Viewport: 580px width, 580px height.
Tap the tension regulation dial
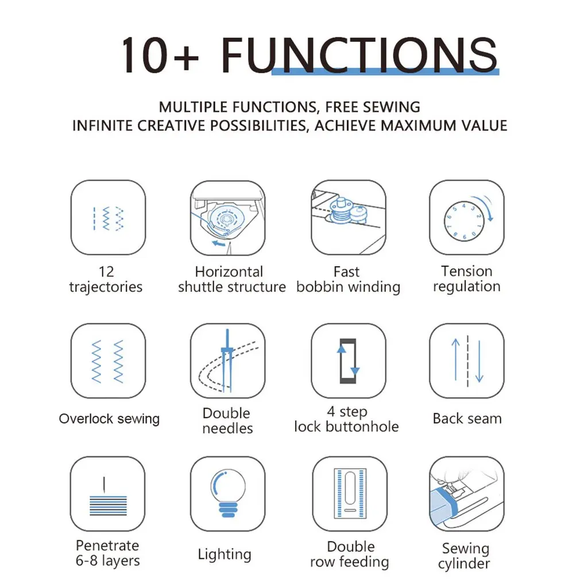click(464, 221)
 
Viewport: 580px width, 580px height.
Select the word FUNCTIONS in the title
click(359, 56)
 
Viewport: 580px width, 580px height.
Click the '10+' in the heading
click(160, 56)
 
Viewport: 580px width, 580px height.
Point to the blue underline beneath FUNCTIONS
click(385, 72)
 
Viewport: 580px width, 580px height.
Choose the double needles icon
click(227, 361)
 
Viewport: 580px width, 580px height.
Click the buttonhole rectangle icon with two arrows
click(348, 361)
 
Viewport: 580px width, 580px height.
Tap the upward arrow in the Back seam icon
click(455, 359)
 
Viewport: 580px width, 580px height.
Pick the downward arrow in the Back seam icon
click(480, 361)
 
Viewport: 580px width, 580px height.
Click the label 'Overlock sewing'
click(109, 419)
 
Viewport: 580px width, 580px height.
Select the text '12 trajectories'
click(106, 279)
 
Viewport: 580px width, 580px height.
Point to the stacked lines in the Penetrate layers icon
click(108, 506)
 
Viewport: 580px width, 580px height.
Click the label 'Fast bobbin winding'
click(348, 279)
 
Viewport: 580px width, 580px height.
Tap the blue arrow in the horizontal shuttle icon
click(219, 243)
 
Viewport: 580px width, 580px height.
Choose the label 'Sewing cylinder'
click(465, 556)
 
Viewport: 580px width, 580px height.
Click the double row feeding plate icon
click(350, 493)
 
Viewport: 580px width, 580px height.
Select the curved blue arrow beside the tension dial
click(485, 207)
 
